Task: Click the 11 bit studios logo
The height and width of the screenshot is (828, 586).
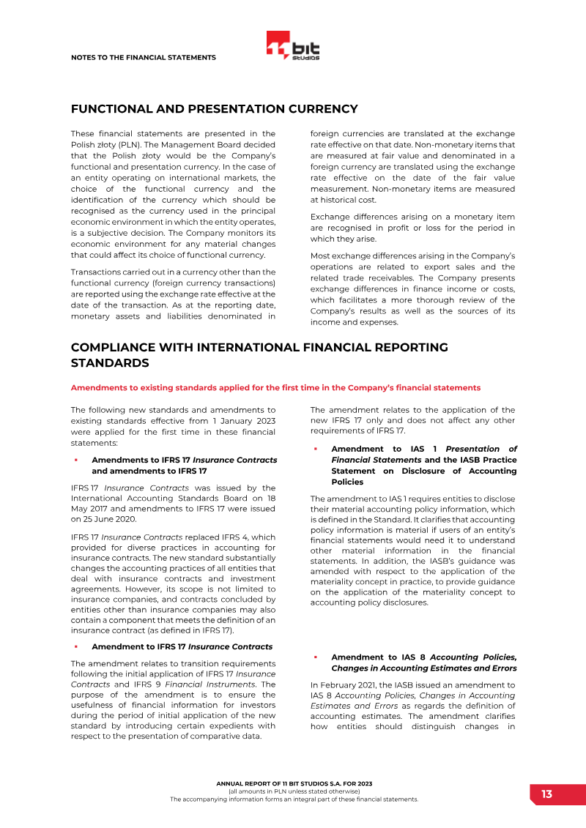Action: point(293,46)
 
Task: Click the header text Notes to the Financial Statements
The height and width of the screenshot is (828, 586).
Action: point(143,57)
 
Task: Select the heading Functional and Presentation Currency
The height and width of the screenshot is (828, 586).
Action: point(214,109)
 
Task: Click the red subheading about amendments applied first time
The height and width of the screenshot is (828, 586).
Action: point(275,387)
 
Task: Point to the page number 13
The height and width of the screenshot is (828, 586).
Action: point(546,794)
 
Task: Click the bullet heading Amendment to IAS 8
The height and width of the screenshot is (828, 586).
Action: point(423,663)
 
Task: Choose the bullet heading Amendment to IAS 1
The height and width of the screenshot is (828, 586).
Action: point(423,465)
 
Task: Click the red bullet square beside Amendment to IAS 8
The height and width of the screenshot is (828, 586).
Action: point(315,657)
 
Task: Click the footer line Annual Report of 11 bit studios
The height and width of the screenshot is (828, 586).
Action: point(294,783)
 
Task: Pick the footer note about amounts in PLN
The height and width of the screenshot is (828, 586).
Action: point(294,791)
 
